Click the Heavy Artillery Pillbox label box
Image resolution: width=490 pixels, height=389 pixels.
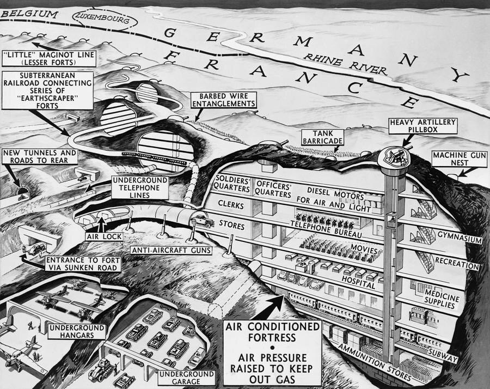pyautogui.click(x=414, y=126)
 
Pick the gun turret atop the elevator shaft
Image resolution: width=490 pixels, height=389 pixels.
pyautogui.click(x=393, y=155)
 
